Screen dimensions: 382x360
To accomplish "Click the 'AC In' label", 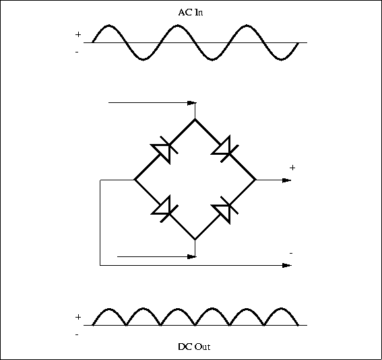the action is click(191, 12).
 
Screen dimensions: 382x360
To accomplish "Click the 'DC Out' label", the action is click(194, 347).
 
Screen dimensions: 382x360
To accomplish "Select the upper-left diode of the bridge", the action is click(164, 149).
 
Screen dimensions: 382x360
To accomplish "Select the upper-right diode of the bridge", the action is click(224, 149).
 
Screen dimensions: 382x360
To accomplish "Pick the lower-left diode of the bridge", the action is click(164, 209).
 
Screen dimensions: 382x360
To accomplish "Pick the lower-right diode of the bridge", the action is click(224, 210).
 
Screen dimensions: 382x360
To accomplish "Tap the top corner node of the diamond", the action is click(195, 119).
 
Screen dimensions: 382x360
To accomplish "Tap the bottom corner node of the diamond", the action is click(195, 240).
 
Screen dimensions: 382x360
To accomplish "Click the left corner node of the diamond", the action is click(135, 180).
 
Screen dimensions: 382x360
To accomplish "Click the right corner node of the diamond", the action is click(256, 180).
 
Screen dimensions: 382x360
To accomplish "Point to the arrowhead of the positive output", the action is click(287, 180).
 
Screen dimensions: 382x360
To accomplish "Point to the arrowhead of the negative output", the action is click(287, 265).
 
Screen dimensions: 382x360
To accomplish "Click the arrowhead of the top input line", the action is click(192, 103).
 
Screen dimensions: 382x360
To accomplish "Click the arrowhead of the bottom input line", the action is click(192, 256).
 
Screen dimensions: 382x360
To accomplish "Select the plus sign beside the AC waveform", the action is click(78, 34).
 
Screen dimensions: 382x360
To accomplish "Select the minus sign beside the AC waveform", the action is click(77, 52).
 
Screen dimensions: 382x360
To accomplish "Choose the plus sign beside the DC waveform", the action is click(78, 317).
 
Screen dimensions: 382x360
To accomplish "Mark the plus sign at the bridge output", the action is click(292, 168).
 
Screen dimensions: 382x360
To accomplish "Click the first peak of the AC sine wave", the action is click(109, 25).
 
